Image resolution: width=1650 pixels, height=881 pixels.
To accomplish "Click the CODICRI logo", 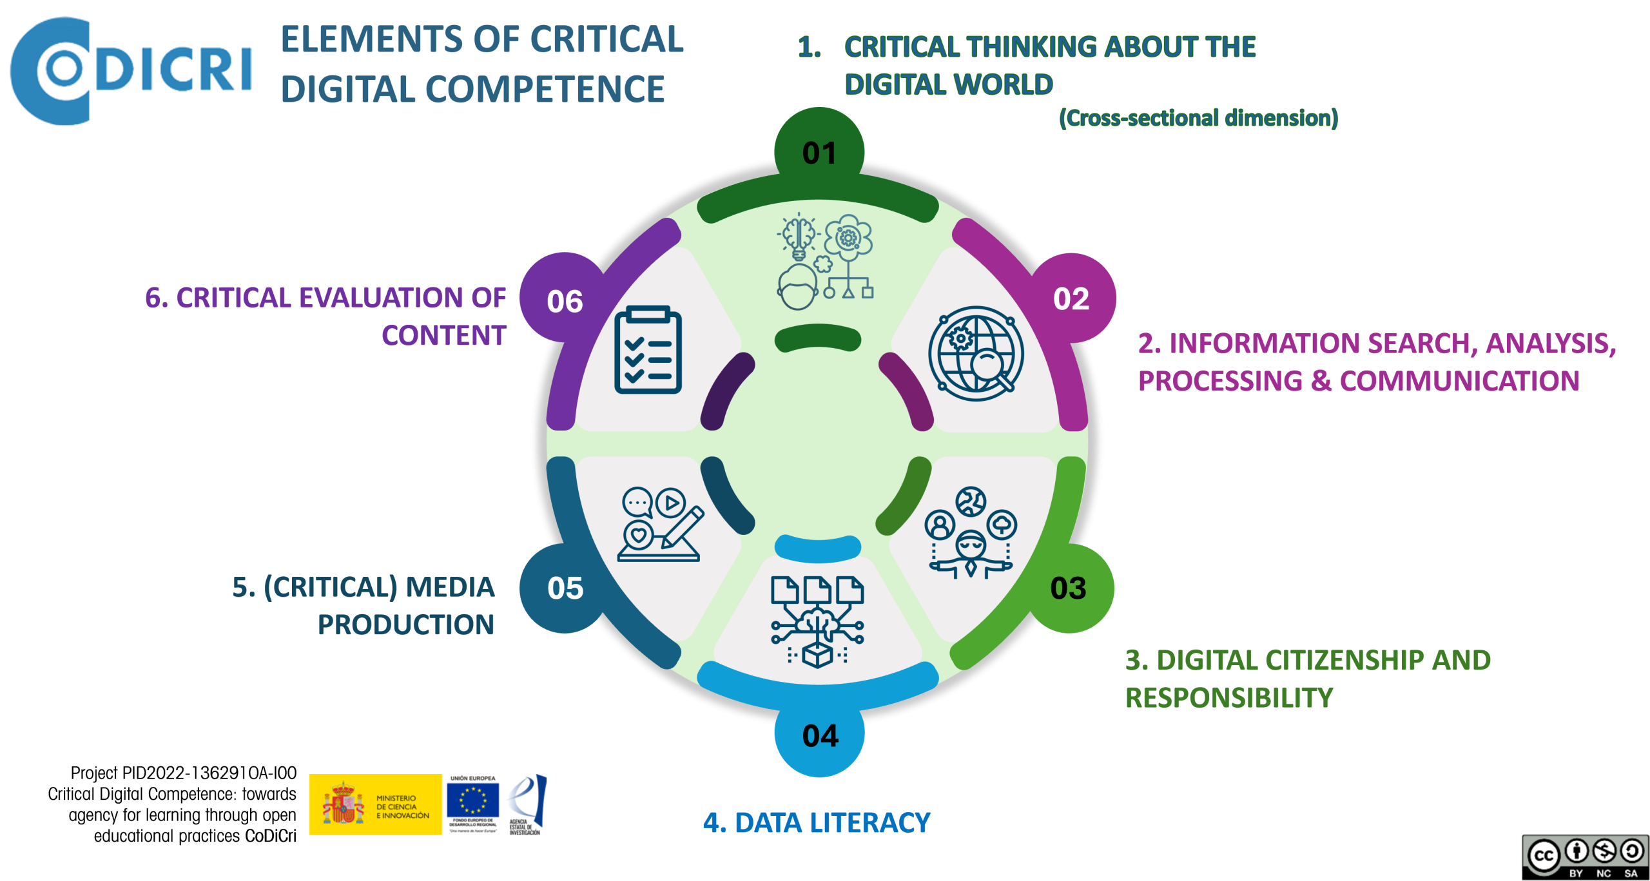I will coord(129,70).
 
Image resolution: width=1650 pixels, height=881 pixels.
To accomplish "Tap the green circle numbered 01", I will coord(819,152).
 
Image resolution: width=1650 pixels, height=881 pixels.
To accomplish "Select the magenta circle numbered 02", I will coord(1071,298).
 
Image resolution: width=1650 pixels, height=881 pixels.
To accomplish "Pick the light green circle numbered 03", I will coord(1069,588).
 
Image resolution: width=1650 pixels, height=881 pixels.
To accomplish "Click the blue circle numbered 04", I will coord(820,735).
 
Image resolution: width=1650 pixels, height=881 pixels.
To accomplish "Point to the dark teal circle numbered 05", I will coord(565,588).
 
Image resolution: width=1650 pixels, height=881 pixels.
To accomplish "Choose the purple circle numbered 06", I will coord(565,300).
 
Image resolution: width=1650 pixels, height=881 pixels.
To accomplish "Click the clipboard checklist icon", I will coord(648,350).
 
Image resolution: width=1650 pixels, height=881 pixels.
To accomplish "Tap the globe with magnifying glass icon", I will coord(976,353).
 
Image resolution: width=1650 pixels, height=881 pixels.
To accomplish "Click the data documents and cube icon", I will coord(817,622).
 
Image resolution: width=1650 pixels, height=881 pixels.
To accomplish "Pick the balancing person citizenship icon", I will coord(971,533).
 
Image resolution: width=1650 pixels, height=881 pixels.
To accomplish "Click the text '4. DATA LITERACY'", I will coord(816,823).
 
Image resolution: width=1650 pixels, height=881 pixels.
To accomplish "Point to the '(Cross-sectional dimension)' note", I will coord(1198,118).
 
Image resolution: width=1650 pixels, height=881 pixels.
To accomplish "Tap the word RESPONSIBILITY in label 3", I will coord(1228,698).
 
